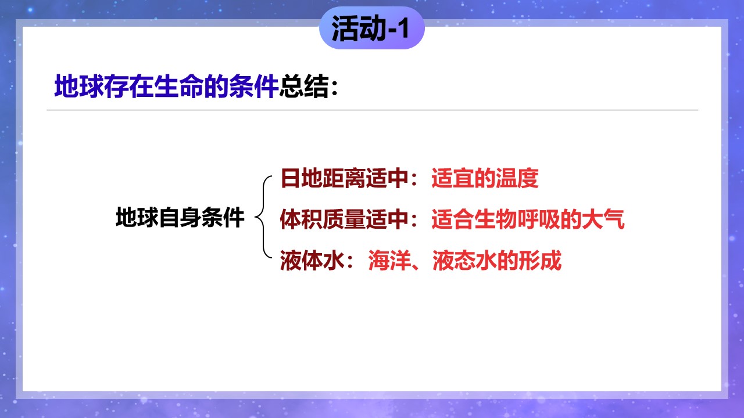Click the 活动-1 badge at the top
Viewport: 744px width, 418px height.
371,28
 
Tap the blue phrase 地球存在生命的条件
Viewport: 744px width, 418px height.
166,87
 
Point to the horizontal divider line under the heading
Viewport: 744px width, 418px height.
373,110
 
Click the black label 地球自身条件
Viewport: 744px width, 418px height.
180,217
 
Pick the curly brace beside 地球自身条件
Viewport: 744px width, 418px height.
263,217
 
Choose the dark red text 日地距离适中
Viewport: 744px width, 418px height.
345,178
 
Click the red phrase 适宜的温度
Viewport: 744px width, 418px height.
485,178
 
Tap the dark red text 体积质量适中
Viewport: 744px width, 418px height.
345,219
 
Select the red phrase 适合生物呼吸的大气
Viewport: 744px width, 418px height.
528,219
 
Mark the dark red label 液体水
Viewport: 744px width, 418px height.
312,260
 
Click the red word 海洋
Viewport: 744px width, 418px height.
389,260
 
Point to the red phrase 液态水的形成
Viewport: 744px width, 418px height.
497,260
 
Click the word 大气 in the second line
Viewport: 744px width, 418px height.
603,219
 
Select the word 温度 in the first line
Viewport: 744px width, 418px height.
517,178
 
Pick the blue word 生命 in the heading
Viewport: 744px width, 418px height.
178,87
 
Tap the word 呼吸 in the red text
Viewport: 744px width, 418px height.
538,219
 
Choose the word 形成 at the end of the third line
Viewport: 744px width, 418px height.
540,260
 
